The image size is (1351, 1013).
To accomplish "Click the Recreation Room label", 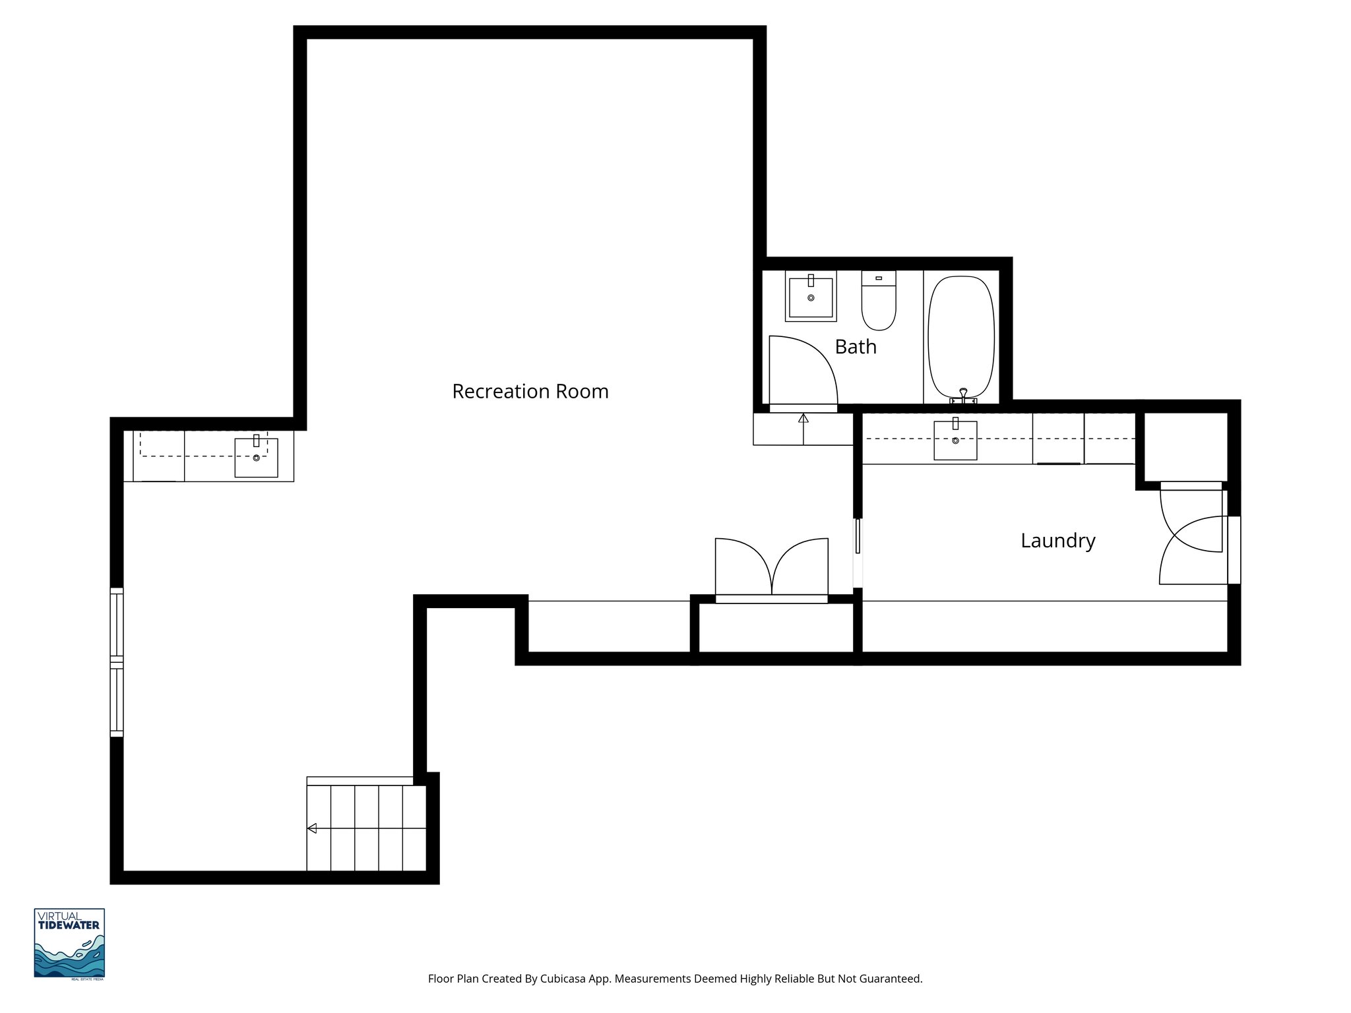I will [x=530, y=391].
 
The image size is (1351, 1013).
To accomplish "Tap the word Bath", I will [x=856, y=346].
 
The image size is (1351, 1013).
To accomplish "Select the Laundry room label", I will [x=1057, y=540].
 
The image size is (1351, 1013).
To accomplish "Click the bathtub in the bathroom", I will [x=961, y=336].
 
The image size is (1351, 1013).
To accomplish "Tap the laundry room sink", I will [x=955, y=439].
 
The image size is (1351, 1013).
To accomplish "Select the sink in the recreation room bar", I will [x=257, y=456].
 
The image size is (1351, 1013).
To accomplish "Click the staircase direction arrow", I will [x=312, y=828].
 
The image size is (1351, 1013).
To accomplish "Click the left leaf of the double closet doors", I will [x=742, y=566].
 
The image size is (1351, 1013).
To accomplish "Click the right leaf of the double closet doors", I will [x=800, y=566].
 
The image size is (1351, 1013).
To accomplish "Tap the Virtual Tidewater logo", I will [x=69, y=943].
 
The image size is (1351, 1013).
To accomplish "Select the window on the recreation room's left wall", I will [x=117, y=661].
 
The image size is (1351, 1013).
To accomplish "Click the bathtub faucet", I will [x=963, y=396].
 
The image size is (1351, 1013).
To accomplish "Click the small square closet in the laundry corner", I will [x=1185, y=447].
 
